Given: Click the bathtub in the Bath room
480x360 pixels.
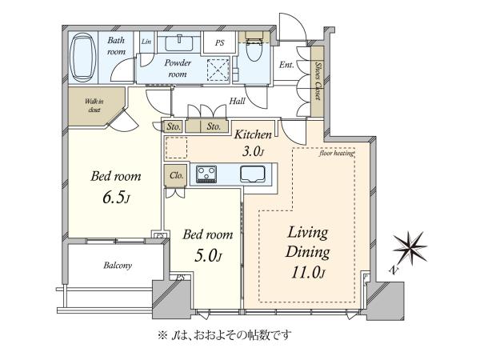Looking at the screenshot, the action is point(82,58).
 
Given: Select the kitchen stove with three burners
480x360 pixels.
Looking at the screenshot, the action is point(206,174).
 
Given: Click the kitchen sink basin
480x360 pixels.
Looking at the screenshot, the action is point(253,174).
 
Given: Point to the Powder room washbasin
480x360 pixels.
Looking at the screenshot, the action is point(179,43).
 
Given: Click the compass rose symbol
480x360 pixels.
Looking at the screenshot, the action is point(410,249).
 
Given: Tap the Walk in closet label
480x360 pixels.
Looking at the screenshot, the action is point(94,106).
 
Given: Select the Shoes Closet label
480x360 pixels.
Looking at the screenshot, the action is point(318,81).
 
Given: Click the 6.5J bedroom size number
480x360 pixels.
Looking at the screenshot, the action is point(117,198).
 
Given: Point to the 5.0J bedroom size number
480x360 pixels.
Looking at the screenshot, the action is point(208,256).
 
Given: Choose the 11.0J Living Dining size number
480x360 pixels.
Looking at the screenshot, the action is point(308,272).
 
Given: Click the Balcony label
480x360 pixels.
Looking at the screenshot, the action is point(118,265).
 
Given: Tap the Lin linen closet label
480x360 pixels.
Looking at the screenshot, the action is point(146,42).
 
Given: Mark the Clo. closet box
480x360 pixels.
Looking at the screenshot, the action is point(175,175).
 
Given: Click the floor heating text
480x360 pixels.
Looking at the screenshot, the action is point(337,153).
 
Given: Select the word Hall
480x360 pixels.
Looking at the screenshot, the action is point(237,101).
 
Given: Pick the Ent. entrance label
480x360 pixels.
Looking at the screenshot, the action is point(286,65).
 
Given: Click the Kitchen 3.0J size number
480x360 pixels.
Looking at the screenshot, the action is point(253,151).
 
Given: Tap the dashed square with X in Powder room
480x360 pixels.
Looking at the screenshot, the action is point(218,69).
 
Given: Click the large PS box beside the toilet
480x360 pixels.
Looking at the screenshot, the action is point(219,42).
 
